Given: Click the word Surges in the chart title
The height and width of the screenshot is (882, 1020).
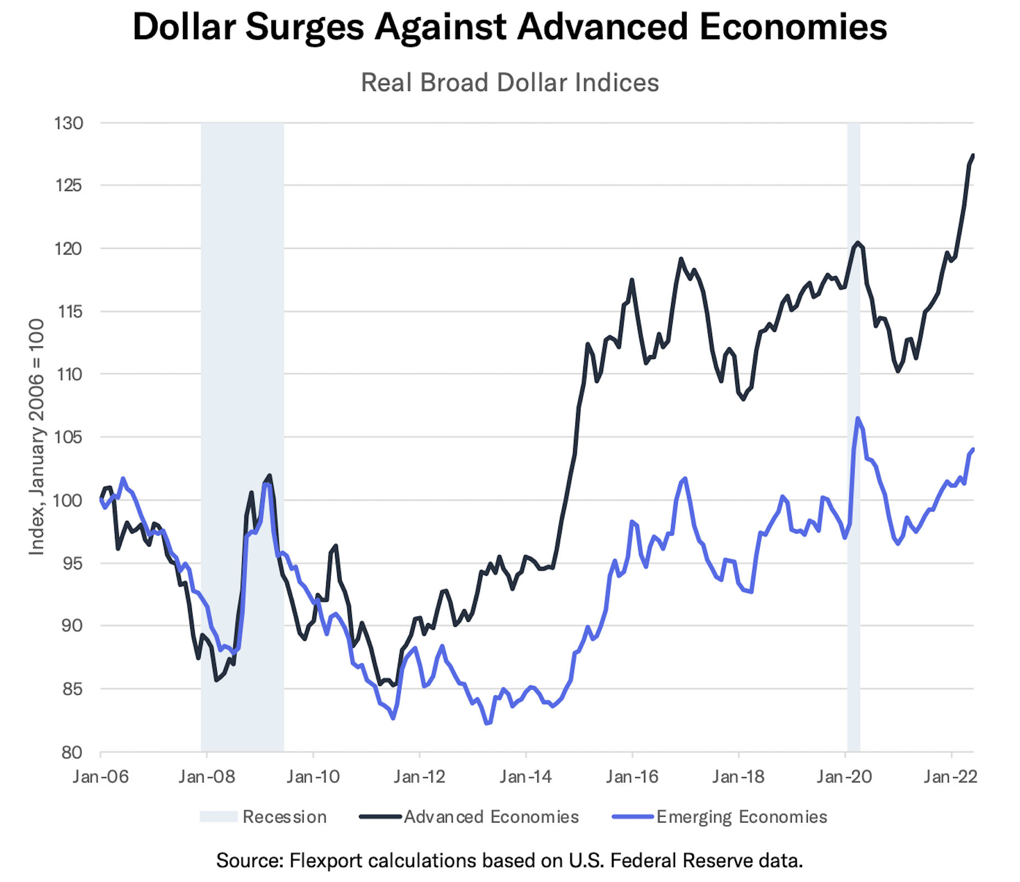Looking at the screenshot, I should [305, 28].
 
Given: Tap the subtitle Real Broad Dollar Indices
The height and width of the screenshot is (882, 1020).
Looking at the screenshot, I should [509, 83].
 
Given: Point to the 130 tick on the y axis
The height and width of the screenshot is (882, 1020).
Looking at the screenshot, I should [69, 123].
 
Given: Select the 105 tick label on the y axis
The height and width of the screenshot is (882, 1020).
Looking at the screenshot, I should [69, 437].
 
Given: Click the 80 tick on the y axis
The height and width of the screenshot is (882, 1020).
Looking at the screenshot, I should [72, 753].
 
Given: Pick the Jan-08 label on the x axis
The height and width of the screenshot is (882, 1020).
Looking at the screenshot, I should [206, 777].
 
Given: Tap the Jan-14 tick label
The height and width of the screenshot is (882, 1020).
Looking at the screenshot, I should [526, 777].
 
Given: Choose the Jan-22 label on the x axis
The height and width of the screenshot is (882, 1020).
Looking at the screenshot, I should [950, 777].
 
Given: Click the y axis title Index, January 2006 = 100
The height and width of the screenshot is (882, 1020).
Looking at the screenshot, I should [36, 436].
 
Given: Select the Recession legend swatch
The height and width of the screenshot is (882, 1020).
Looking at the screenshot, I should [218, 817].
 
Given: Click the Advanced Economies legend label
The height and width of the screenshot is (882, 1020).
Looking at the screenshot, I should [491, 817].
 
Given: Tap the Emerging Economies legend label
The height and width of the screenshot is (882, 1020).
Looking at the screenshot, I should [741, 817].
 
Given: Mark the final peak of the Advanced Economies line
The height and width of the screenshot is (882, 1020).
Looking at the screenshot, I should [972, 156].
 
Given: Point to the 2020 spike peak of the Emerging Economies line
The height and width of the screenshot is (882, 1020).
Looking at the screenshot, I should [857, 418].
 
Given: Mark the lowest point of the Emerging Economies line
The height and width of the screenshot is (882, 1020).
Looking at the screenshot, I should [487, 723].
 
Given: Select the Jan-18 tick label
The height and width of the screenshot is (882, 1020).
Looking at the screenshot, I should [738, 777].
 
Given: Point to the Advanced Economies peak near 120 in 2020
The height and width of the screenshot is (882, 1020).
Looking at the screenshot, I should [857, 242].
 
